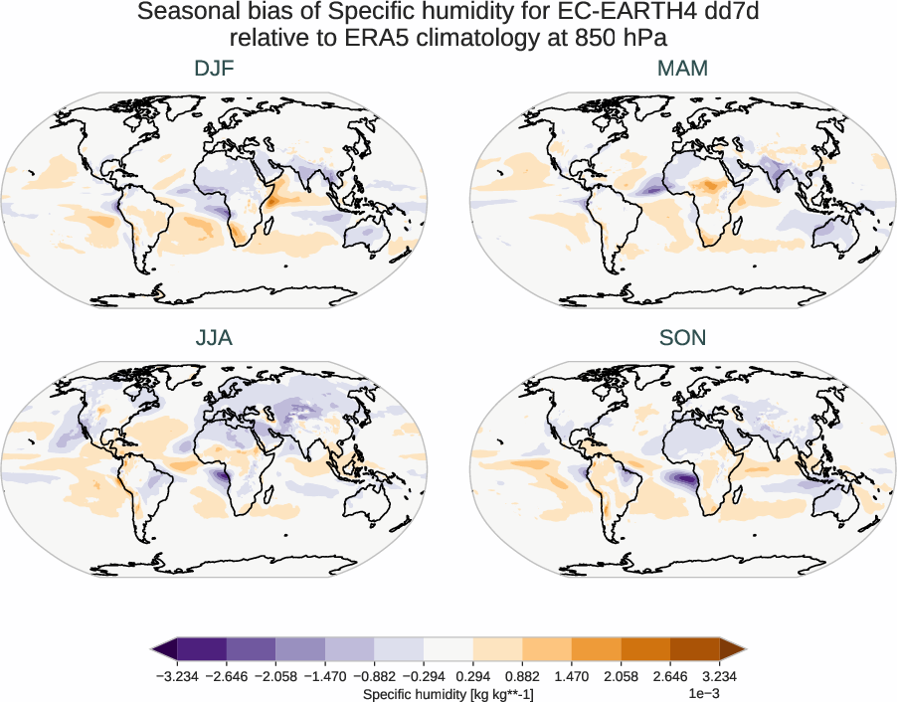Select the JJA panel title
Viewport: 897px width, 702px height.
click(214, 338)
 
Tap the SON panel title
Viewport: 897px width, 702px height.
click(682, 338)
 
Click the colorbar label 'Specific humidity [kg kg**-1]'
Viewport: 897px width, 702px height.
click(448, 693)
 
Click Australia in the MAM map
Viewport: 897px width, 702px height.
click(836, 237)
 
